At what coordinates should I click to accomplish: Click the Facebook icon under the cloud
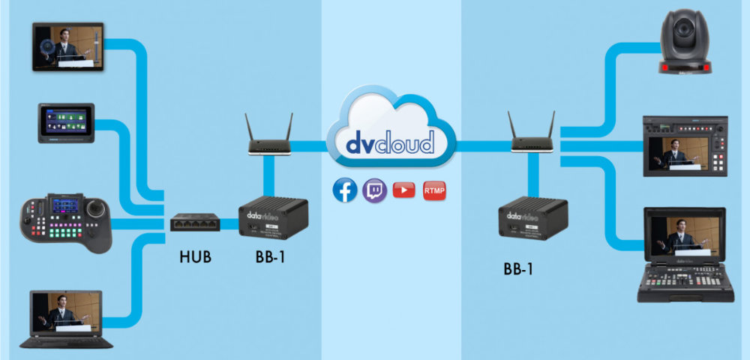(x=345, y=190)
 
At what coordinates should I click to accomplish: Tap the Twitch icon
(x=374, y=190)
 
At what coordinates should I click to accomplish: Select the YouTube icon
(x=403, y=190)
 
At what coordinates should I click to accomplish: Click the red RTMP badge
(x=434, y=190)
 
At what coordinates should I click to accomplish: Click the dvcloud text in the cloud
(x=390, y=142)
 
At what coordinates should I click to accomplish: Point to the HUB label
(x=195, y=257)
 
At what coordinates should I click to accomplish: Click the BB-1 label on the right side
(x=519, y=268)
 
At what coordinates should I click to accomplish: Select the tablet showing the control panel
(x=66, y=123)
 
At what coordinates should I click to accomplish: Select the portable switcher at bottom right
(x=680, y=255)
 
